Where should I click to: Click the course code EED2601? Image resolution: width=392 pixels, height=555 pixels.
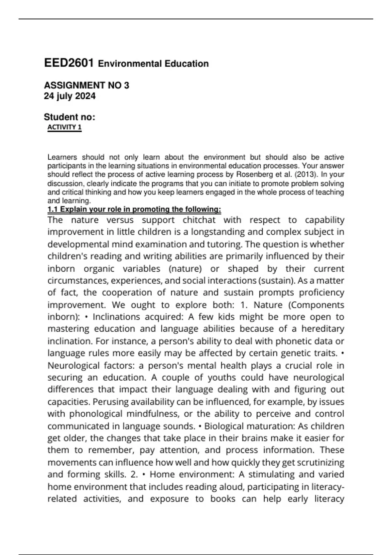coord(69,63)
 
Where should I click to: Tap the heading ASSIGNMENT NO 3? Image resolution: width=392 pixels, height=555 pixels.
coord(87,86)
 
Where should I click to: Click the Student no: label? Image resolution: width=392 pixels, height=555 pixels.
coord(69,117)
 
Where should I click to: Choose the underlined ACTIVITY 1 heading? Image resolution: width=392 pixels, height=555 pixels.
coord(64,127)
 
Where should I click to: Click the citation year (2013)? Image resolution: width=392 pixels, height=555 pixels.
coord(306,175)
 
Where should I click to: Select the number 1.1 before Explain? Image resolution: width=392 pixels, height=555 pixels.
coord(53,209)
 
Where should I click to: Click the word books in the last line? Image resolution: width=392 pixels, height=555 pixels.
coord(223,499)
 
